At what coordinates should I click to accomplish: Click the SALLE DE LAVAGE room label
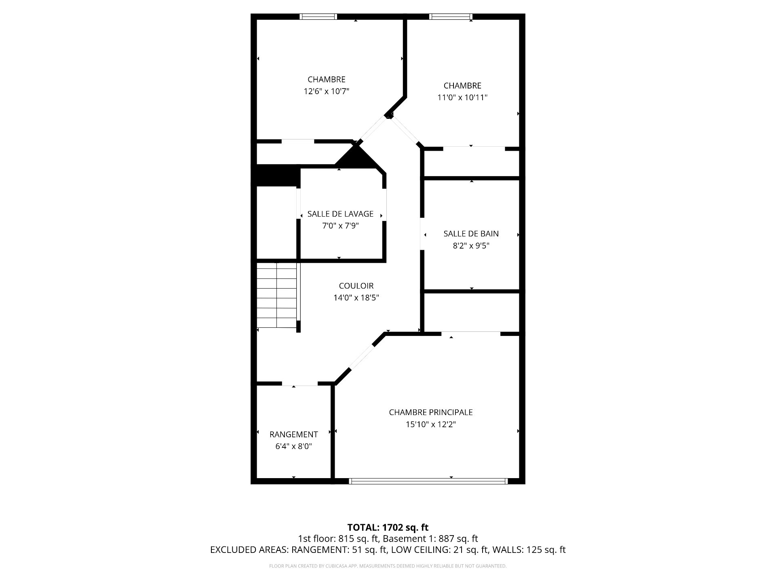coord(340,214)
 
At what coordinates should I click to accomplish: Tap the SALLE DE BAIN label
coord(471,234)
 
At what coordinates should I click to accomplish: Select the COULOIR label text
coord(356,286)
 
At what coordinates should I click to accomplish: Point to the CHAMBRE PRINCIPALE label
coord(431,412)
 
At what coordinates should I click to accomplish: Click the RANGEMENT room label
coord(294,434)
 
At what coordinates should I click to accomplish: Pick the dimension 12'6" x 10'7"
coord(327,91)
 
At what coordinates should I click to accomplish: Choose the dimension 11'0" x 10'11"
coord(463,97)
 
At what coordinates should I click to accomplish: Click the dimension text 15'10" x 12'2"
coord(431,424)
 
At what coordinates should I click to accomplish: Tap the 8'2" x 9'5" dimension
coord(471,246)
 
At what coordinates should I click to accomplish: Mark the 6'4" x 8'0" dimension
coord(294,447)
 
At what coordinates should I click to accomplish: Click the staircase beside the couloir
coord(277,295)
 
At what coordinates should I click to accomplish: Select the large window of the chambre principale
coord(428,481)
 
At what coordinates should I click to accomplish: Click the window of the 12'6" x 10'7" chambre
coord(318,17)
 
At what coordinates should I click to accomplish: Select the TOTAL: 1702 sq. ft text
coord(388,527)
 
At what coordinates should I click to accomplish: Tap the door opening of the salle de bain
coord(422,234)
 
